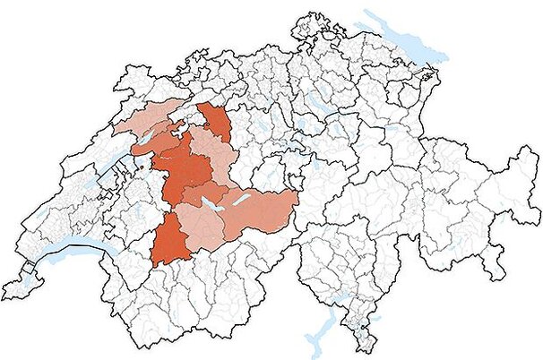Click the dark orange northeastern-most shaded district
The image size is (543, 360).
215,120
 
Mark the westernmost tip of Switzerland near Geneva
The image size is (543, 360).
4,291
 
